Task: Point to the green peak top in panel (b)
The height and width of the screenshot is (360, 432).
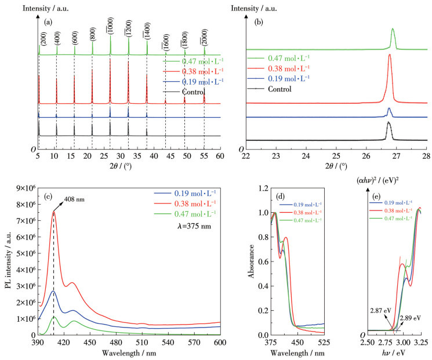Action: coord(393,28)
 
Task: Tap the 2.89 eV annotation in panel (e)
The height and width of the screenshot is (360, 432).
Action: coord(410,319)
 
